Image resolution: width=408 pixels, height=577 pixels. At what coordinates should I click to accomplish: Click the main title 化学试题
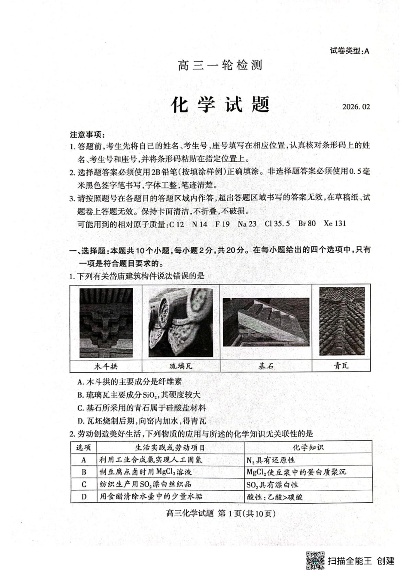coord(220,105)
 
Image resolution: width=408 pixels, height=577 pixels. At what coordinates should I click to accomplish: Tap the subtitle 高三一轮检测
coord(220,66)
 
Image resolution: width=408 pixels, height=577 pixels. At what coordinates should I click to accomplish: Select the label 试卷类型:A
coord(349,51)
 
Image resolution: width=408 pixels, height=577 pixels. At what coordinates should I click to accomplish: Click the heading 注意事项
coord(87,134)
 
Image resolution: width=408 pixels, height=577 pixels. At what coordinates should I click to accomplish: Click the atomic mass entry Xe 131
coord(335,224)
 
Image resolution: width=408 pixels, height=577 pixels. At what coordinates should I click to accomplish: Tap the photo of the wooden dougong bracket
coord(106,322)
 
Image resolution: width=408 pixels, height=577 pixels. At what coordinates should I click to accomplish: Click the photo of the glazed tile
coord(181,322)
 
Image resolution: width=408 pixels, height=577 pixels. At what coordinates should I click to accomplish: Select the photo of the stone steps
coord(266,322)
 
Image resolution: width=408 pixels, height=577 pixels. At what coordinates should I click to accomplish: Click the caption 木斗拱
coord(106,366)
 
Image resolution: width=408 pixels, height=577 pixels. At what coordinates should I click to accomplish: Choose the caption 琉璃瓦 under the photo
coord(181,366)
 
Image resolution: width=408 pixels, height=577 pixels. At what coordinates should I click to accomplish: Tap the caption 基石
coord(266,366)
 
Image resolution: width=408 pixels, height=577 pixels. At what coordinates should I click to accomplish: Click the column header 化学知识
coord(308,447)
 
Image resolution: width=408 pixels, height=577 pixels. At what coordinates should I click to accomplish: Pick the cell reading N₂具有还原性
coord(271,460)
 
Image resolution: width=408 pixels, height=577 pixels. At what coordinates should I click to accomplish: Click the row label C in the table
coord(84,484)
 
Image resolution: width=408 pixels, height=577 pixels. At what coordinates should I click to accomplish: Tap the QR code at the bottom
coord(315,560)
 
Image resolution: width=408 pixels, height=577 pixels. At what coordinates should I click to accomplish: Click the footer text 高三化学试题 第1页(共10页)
coord(220,513)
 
